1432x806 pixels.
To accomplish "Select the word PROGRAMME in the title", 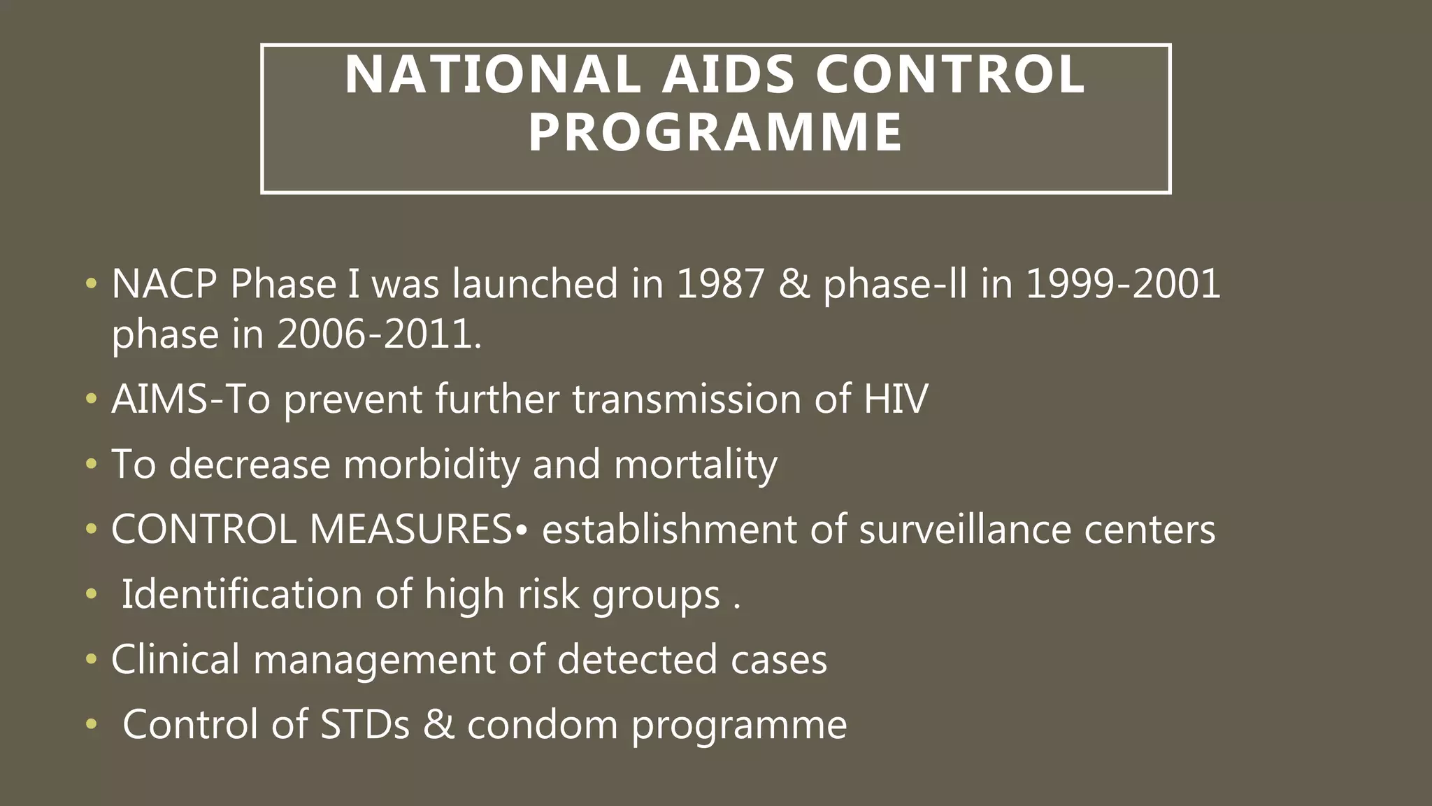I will tap(715, 133).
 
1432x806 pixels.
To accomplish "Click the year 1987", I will tap(720, 284).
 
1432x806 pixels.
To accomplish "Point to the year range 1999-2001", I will tap(1123, 284).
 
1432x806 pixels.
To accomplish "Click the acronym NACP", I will tap(164, 284).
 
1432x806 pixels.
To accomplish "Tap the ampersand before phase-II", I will tap(794, 284).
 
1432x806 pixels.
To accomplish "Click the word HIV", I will tap(896, 399).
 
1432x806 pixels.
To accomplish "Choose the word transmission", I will tap(687, 399).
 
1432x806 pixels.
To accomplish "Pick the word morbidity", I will tap(431, 464).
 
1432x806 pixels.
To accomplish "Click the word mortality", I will tap(695, 464).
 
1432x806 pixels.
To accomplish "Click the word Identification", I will tap(242, 594).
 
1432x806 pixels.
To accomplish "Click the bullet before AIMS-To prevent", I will tap(91, 400).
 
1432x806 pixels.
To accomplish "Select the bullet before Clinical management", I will tap(91, 660).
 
